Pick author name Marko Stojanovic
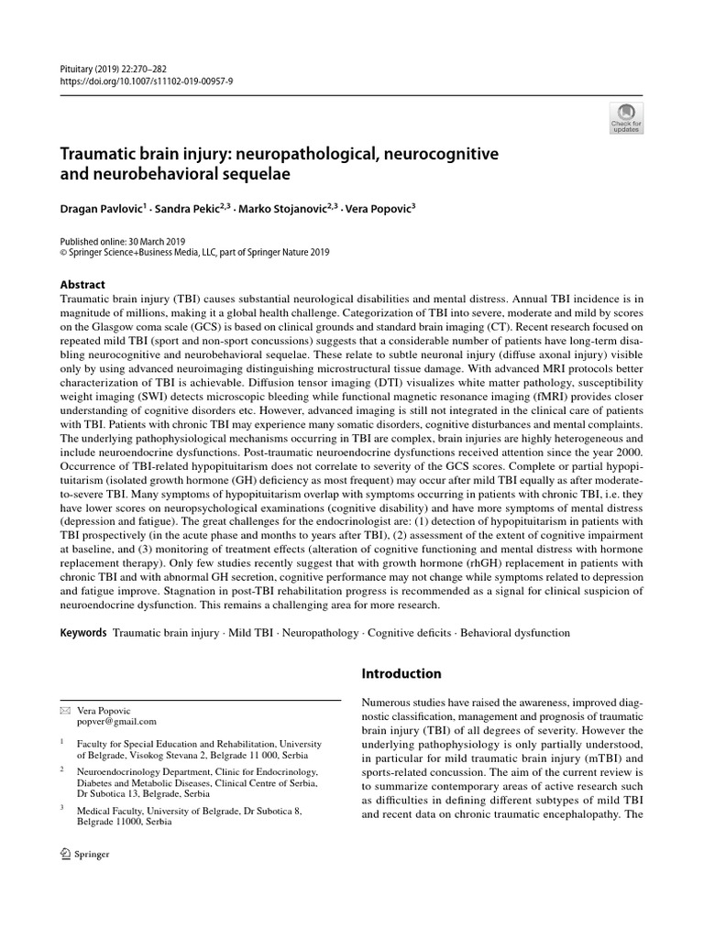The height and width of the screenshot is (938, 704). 285,209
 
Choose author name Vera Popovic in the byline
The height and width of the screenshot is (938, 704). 378,209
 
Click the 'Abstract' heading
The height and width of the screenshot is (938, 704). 82,284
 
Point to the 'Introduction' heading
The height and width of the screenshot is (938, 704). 401,673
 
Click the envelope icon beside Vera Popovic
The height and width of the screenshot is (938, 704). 63,710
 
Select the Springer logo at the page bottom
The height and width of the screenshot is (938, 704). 83,854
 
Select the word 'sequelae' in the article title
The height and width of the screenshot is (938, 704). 278,172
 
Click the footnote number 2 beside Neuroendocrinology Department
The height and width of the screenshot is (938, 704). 61,770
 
